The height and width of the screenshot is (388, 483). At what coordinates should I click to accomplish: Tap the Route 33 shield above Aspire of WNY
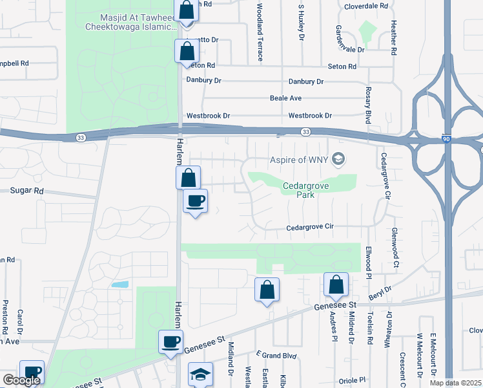[x=305, y=132]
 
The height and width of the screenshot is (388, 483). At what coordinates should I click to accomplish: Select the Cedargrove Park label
[x=299, y=191]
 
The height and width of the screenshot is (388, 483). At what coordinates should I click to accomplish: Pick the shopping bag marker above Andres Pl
[x=336, y=285]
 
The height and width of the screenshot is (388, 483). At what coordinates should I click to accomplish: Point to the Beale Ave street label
[x=286, y=98]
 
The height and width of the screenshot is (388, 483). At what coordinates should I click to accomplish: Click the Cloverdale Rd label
[x=365, y=5]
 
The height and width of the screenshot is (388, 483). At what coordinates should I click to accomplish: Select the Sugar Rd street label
[x=26, y=191]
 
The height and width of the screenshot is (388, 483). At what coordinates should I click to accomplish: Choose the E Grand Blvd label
[x=276, y=354]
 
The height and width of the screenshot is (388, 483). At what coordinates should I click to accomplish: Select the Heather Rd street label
[x=392, y=39]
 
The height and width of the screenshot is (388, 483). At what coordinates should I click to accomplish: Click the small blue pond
[x=119, y=285]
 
